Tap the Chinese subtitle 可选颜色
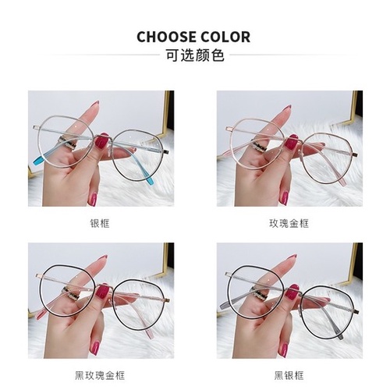pos(194,56)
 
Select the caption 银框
pos(101,223)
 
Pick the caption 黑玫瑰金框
pos(101,374)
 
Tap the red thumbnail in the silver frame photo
pos(101,142)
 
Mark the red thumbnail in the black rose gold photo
pos(101,292)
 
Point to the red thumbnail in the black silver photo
pos(292,292)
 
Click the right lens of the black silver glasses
pos(328,300)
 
